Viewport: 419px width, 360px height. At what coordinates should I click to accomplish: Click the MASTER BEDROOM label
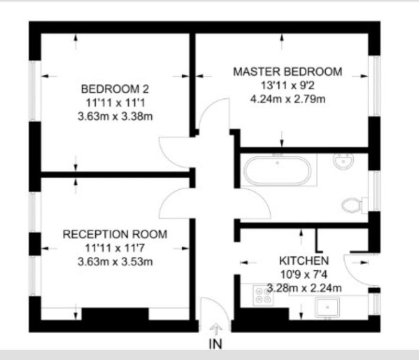click(288, 72)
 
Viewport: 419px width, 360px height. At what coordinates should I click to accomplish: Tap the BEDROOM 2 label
click(115, 89)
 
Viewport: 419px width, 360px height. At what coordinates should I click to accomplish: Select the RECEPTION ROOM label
click(115, 234)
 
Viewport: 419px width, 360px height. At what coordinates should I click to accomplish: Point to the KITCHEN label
click(304, 260)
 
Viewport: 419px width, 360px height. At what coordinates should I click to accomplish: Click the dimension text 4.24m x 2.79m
click(288, 99)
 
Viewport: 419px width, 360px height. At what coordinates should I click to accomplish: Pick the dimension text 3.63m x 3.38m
click(115, 116)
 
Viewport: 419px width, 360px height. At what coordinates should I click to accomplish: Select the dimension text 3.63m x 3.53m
click(115, 261)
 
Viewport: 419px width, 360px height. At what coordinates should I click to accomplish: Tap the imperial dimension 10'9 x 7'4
click(304, 274)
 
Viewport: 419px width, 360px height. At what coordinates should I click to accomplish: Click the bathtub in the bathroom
click(278, 170)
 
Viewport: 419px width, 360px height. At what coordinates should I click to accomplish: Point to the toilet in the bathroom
click(355, 205)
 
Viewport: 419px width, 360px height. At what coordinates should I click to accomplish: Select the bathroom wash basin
click(344, 161)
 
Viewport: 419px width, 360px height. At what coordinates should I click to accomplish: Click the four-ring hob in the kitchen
click(263, 296)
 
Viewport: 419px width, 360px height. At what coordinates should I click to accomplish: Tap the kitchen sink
click(327, 307)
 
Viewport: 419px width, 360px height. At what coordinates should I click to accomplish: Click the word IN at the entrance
click(215, 344)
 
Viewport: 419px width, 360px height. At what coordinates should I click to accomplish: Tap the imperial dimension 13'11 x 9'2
click(288, 85)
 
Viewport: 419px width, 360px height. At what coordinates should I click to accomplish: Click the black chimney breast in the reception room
click(115, 314)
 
